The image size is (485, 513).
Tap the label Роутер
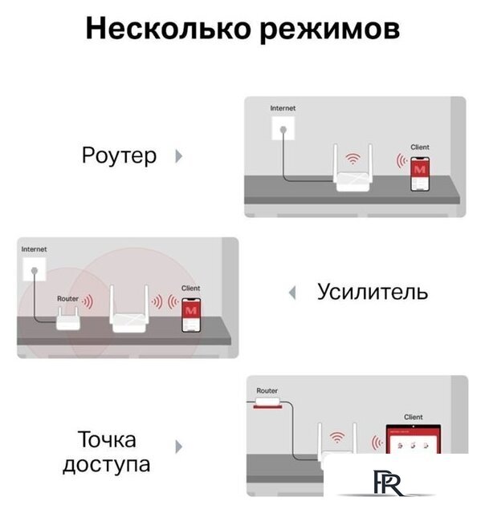click(x=120, y=156)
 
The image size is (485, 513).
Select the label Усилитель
click(x=373, y=292)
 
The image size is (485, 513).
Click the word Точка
click(x=107, y=440)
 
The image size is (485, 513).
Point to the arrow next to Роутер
click(x=178, y=156)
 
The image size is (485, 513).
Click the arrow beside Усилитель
click(x=293, y=293)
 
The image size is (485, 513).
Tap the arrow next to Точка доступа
click(x=178, y=446)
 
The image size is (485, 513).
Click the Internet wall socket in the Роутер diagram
click(x=283, y=127)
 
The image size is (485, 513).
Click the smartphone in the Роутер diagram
click(x=419, y=176)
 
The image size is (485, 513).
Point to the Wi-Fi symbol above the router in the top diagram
click(x=350, y=159)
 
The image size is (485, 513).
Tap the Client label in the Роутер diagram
click(x=420, y=147)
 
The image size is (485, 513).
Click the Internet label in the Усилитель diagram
click(x=34, y=249)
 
